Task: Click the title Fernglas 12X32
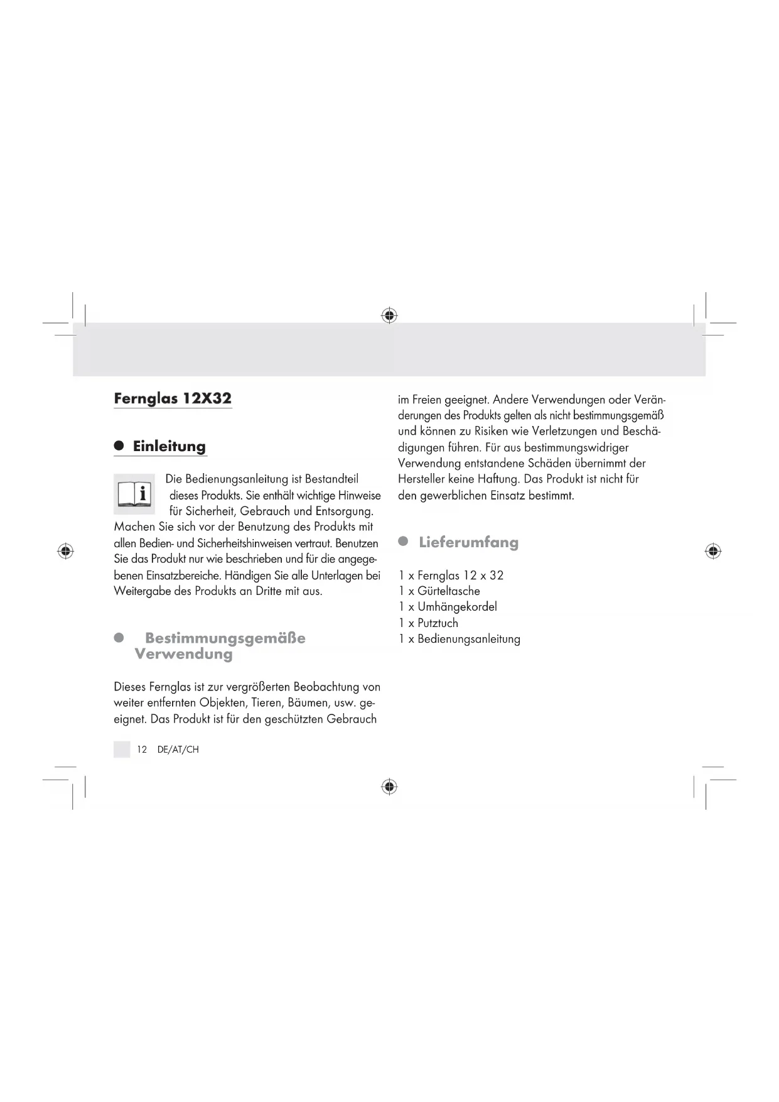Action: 173,398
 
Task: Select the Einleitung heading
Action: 169,447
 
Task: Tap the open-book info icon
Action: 134,494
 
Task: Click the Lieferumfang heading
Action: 468,542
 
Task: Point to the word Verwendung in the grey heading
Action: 183,654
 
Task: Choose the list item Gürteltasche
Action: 448,591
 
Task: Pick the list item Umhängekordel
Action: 457,607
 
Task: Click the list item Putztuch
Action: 438,623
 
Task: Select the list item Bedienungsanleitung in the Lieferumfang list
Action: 468,639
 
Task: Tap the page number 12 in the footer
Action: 142,750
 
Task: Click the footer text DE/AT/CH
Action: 178,750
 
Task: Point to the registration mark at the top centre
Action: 389,315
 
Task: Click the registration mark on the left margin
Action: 65,552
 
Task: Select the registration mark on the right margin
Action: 712,552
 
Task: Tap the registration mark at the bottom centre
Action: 389,787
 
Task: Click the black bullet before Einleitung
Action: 119,446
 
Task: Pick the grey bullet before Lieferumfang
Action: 404,541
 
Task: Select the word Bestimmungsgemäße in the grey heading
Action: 225,638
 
